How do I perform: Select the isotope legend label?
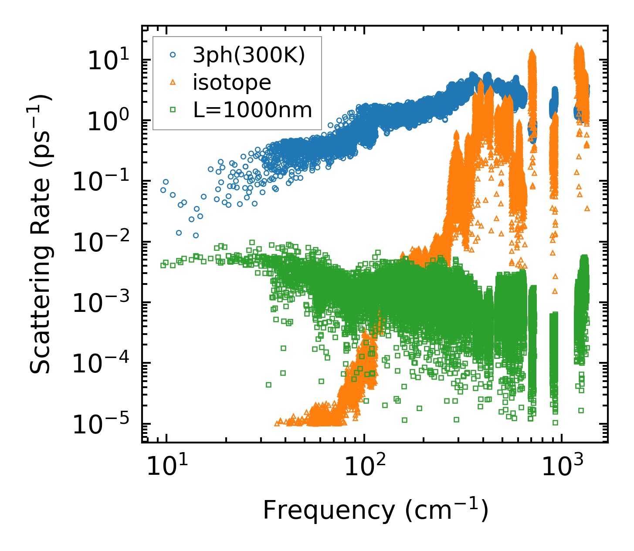(232, 82)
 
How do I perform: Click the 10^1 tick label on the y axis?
(107, 61)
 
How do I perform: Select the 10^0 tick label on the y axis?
(107, 121)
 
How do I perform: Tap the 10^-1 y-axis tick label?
(99, 182)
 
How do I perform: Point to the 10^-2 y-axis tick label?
(99, 243)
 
